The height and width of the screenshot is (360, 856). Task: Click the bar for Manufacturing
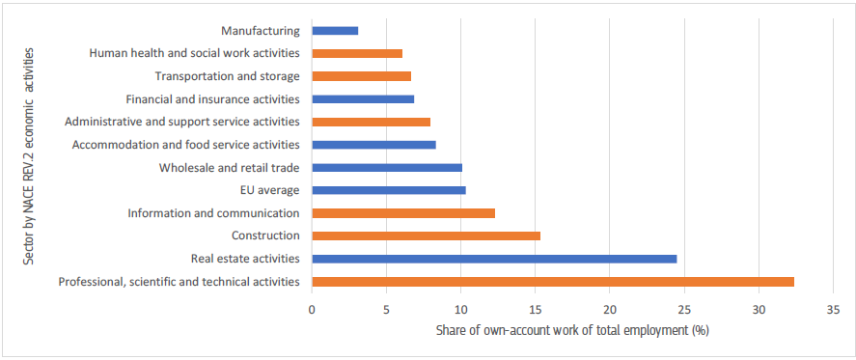click(335, 31)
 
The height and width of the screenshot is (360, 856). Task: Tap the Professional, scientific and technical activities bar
click(553, 282)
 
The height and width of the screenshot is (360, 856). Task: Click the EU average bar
click(389, 190)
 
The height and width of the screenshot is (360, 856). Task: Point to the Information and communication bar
click(403, 213)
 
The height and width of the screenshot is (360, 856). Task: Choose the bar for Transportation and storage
click(361, 76)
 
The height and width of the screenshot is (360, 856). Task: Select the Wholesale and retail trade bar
click(387, 168)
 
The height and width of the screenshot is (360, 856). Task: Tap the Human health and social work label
click(194, 54)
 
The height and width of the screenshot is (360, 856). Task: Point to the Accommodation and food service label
click(186, 145)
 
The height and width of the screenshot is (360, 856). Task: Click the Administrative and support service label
click(181, 123)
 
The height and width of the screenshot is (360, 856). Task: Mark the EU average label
click(270, 190)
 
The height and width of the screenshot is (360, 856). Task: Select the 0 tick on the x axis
click(312, 310)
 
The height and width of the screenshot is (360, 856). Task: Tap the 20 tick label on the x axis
click(610, 310)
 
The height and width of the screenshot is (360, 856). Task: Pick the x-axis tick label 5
click(386, 310)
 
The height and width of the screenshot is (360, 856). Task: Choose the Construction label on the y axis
click(265, 235)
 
